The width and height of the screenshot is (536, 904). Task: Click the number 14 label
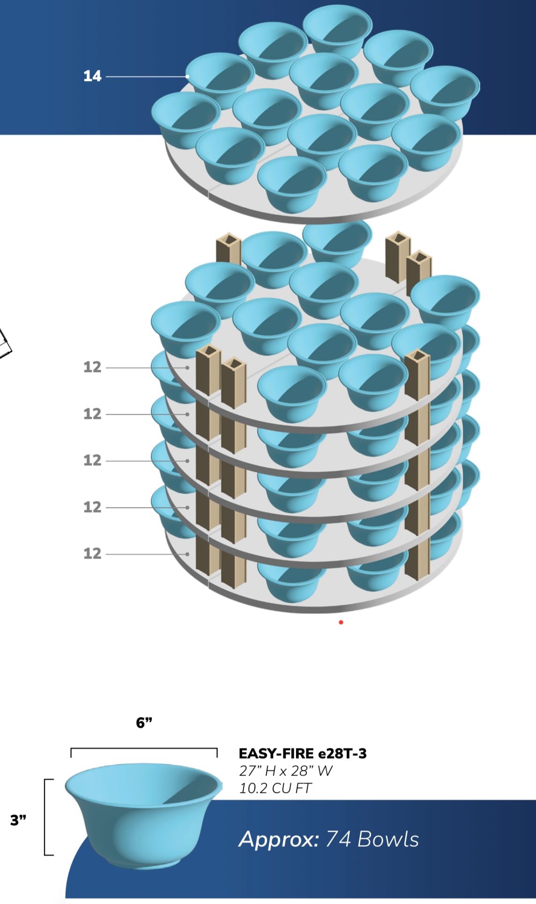pos(92,76)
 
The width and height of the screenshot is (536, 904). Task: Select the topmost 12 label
pos(92,367)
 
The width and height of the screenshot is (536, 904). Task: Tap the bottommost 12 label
pos(92,553)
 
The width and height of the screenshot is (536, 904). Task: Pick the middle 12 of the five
pos(92,460)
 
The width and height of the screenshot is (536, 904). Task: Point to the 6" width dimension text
pos(144,723)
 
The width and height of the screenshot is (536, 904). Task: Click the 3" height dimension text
pos(18,820)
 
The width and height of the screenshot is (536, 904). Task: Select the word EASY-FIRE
pos(276,754)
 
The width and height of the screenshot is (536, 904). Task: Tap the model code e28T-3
pos(342,754)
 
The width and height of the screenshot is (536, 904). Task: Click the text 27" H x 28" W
pos(286,771)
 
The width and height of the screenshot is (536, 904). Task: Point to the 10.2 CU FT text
pos(275,788)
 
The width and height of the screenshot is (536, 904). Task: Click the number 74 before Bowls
pos(338,839)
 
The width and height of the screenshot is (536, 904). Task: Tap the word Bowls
pos(388,839)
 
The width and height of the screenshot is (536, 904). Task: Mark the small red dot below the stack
pos(341,622)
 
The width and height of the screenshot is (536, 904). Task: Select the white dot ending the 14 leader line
pos(187,76)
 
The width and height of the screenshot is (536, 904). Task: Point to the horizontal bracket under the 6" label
pos(144,748)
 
